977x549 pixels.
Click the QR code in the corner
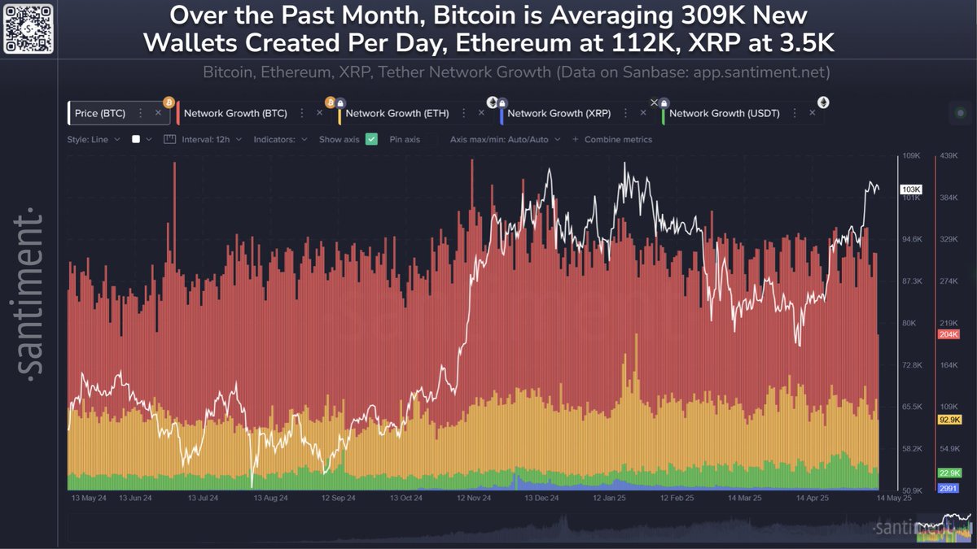(x=28, y=28)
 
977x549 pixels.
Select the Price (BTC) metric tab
(x=100, y=113)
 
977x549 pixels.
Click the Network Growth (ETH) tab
(x=396, y=113)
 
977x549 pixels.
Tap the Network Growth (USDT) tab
(x=724, y=113)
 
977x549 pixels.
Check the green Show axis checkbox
(x=371, y=139)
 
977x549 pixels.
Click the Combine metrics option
(x=617, y=139)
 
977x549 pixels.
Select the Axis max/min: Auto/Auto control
(x=505, y=139)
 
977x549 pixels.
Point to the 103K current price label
(x=910, y=190)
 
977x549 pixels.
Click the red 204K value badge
(x=949, y=334)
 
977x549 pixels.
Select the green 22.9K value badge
(x=949, y=473)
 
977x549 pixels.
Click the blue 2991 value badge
(x=949, y=488)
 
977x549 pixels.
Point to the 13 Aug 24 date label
(x=270, y=497)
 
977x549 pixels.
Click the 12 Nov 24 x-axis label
(x=474, y=497)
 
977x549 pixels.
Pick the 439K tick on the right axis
(x=950, y=155)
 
